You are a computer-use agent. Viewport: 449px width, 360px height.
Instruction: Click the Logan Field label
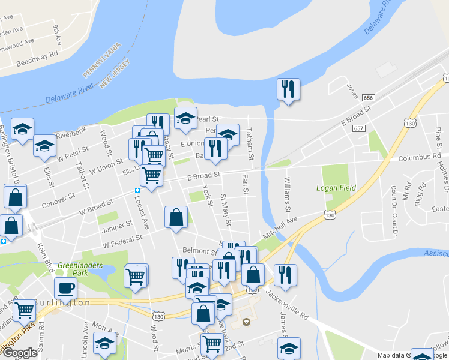point(336,188)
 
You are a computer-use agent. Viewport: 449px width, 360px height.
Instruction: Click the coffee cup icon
point(65,288)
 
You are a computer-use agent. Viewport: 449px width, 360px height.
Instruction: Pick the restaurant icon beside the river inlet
point(288,89)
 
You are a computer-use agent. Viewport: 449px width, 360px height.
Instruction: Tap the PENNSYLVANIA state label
point(101,59)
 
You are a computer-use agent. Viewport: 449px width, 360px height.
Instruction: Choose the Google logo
point(20,353)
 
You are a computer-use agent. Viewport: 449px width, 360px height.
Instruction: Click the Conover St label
point(58,200)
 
